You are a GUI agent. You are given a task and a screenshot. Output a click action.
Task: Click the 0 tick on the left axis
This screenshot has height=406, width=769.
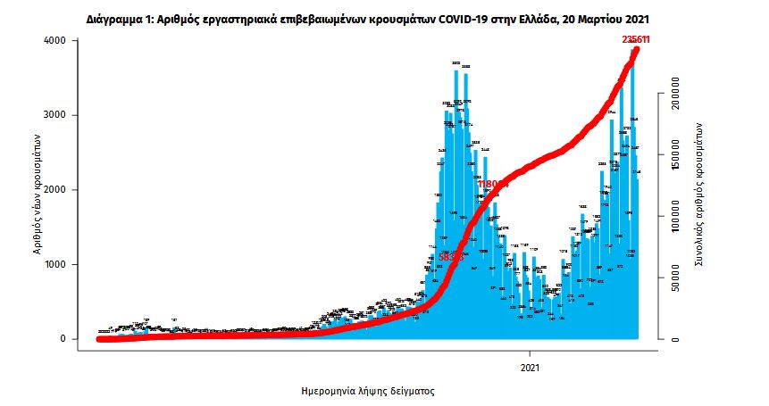tap(63, 339)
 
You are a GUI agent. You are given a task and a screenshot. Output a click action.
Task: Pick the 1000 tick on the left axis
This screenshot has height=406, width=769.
tap(55, 265)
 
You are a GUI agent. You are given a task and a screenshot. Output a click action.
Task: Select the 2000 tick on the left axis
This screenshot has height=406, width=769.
tap(55, 190)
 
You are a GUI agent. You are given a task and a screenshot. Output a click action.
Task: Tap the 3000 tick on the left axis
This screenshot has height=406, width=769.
tap(55, 116)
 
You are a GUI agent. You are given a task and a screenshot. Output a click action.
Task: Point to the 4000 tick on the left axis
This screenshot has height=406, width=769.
tap(55, 41)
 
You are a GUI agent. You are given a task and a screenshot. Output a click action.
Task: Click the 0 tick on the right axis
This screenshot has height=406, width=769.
tap(677, 339)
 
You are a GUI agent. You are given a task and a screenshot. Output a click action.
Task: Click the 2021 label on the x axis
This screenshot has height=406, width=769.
tap(530, 367)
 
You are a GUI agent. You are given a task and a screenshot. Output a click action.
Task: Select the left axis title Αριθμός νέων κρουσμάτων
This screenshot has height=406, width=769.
tap(38, 190)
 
